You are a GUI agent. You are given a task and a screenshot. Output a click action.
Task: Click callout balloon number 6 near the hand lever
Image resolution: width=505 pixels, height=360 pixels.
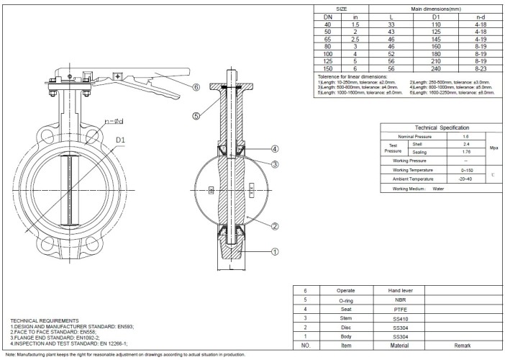pyautogui.click(x=196, y=87)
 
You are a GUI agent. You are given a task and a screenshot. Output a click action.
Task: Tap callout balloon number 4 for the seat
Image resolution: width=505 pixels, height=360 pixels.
pyautogui.click(x=275, y=149)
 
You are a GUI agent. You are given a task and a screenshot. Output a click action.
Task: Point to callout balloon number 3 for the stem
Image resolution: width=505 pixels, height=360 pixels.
pyautogui.click(x=275, y=164)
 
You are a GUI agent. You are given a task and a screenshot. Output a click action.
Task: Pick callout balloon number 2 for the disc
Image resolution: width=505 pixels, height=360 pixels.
pyautogui.click(x=275, y=226)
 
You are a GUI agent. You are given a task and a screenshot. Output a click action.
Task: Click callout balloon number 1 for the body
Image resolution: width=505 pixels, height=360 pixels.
pyautogui.click(x=275, y=252)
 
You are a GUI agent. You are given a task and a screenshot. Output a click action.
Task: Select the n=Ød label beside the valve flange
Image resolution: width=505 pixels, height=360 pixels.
pyautogui.click(x=115, y=121)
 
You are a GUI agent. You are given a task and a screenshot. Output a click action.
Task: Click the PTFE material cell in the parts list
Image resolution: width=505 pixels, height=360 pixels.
pyautogui.click(x=401, y=307)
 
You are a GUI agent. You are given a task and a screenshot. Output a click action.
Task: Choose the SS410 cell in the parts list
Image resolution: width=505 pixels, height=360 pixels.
pyautogui.click(x=401, y=317)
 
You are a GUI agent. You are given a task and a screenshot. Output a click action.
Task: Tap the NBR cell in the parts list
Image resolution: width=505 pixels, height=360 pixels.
pyautogui.click(x=401, y=298)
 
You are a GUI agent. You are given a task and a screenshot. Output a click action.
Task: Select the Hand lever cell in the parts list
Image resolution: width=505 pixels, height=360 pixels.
pyautogui.click(x=401, y=289)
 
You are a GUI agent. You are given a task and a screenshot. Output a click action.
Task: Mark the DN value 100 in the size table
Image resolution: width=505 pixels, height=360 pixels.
pyautogui.click(x=327, y=54)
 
